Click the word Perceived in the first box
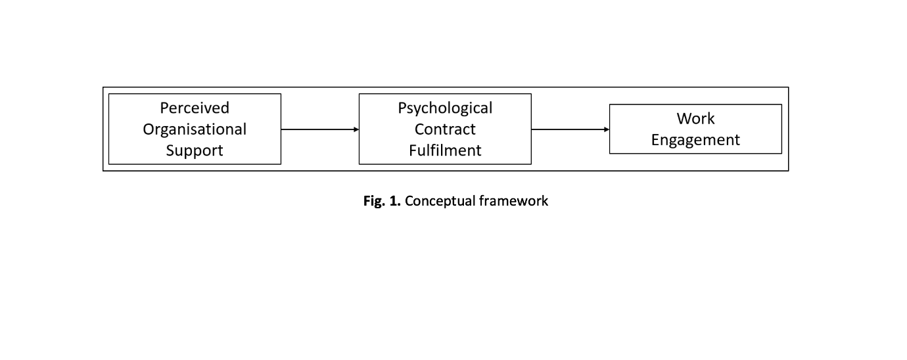point(195,108)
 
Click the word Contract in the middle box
point(445,129)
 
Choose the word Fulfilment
point(445,150)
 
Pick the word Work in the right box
point(695,118)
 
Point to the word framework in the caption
point(513,201)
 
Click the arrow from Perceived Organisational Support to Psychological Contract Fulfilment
point(320,129)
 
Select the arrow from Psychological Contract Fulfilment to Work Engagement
point(570,129)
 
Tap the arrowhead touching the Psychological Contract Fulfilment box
point(356,129)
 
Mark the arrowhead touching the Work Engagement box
point(607,129)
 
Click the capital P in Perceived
point(164,108)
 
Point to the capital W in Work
point(685,119)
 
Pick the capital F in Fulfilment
point(413,150)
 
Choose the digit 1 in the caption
point(393,201)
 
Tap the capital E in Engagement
point(655,140)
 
